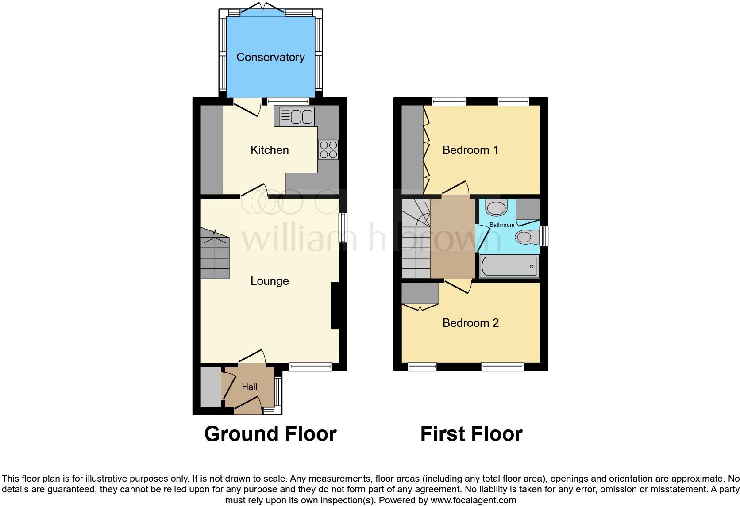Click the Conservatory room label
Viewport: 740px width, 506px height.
click(270, 57)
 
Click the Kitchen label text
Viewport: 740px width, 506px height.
click(270, 150)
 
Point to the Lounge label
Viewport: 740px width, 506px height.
click(270, 281)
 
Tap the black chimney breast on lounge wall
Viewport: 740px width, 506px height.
click(335, 306)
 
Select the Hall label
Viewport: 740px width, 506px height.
click(249, 387)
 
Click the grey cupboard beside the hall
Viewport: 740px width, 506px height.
click(211, 387)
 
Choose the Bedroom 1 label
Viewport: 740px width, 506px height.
click(470, 150)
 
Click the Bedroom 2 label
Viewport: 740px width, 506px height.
click(470, 323)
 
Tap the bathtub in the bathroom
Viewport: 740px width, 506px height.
click(509, 266)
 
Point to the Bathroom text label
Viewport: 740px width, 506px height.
click(502, 225)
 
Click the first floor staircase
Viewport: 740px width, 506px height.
click(416, 239)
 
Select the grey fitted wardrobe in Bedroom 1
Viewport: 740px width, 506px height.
click(412, 149)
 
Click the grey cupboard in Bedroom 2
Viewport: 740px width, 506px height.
click(420, 293)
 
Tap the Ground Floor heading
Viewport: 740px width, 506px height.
click(270, 434)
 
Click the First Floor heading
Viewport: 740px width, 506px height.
click(471, 434)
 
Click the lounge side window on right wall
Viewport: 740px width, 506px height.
click(343, 228)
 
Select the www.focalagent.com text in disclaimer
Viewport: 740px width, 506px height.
click(473, 500)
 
